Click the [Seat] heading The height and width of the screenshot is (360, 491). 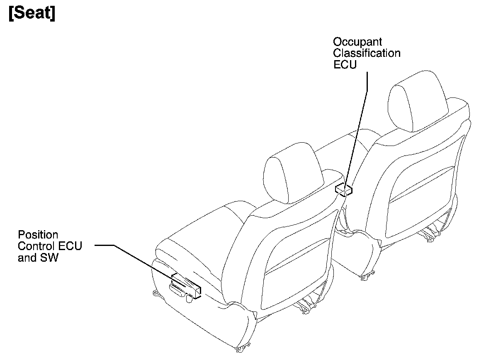(32, 14)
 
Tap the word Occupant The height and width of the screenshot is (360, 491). (352, 42)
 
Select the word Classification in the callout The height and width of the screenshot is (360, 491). (367, 54)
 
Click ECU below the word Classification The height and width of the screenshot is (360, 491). (345, 65)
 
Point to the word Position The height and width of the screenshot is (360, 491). (38, 235)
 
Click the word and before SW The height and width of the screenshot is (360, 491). (27, 258)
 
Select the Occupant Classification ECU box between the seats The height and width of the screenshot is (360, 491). (344, 190)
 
